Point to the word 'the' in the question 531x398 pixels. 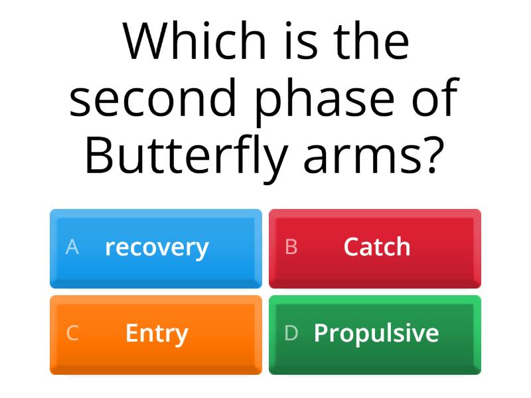click(372, 41)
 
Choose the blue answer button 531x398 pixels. click(156, 248)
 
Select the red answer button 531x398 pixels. click(375, 248)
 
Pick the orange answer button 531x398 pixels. click(156, 334)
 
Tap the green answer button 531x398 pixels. click(375, 334)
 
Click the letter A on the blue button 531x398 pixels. click(72, 247)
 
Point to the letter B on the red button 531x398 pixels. click(291, 247)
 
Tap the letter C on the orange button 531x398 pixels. click(72, 333)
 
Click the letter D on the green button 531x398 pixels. click(291, 333)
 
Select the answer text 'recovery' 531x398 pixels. click(157, 247)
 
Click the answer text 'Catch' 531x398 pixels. click(377, 247)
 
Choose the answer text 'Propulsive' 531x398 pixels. click(376, 333)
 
